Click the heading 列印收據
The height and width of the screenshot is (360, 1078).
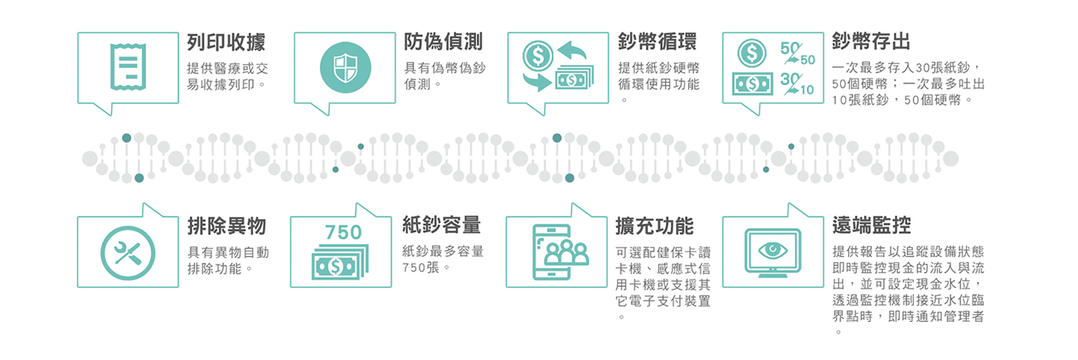226,42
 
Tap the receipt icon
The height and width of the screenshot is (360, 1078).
128,67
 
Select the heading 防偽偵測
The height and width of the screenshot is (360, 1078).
444,41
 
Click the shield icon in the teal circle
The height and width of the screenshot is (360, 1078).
346,67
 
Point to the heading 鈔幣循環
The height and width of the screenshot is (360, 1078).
658,41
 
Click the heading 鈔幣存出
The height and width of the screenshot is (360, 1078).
872,41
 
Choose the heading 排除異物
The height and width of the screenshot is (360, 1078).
226,226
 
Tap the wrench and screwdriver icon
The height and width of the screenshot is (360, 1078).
128,253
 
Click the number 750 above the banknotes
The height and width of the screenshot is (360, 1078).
343,232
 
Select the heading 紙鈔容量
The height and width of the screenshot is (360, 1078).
442,226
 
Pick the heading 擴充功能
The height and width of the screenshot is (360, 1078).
655,226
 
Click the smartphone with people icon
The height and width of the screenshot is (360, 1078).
561,252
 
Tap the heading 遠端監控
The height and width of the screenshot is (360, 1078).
872,225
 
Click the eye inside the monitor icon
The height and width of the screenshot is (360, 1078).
773,251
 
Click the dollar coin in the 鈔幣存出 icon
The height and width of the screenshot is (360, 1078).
752,53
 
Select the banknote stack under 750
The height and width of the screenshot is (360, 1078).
341,262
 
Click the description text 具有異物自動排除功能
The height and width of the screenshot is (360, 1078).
228,260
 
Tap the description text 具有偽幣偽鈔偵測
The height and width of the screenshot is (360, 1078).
444,76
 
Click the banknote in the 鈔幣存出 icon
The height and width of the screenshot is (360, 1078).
753,85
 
